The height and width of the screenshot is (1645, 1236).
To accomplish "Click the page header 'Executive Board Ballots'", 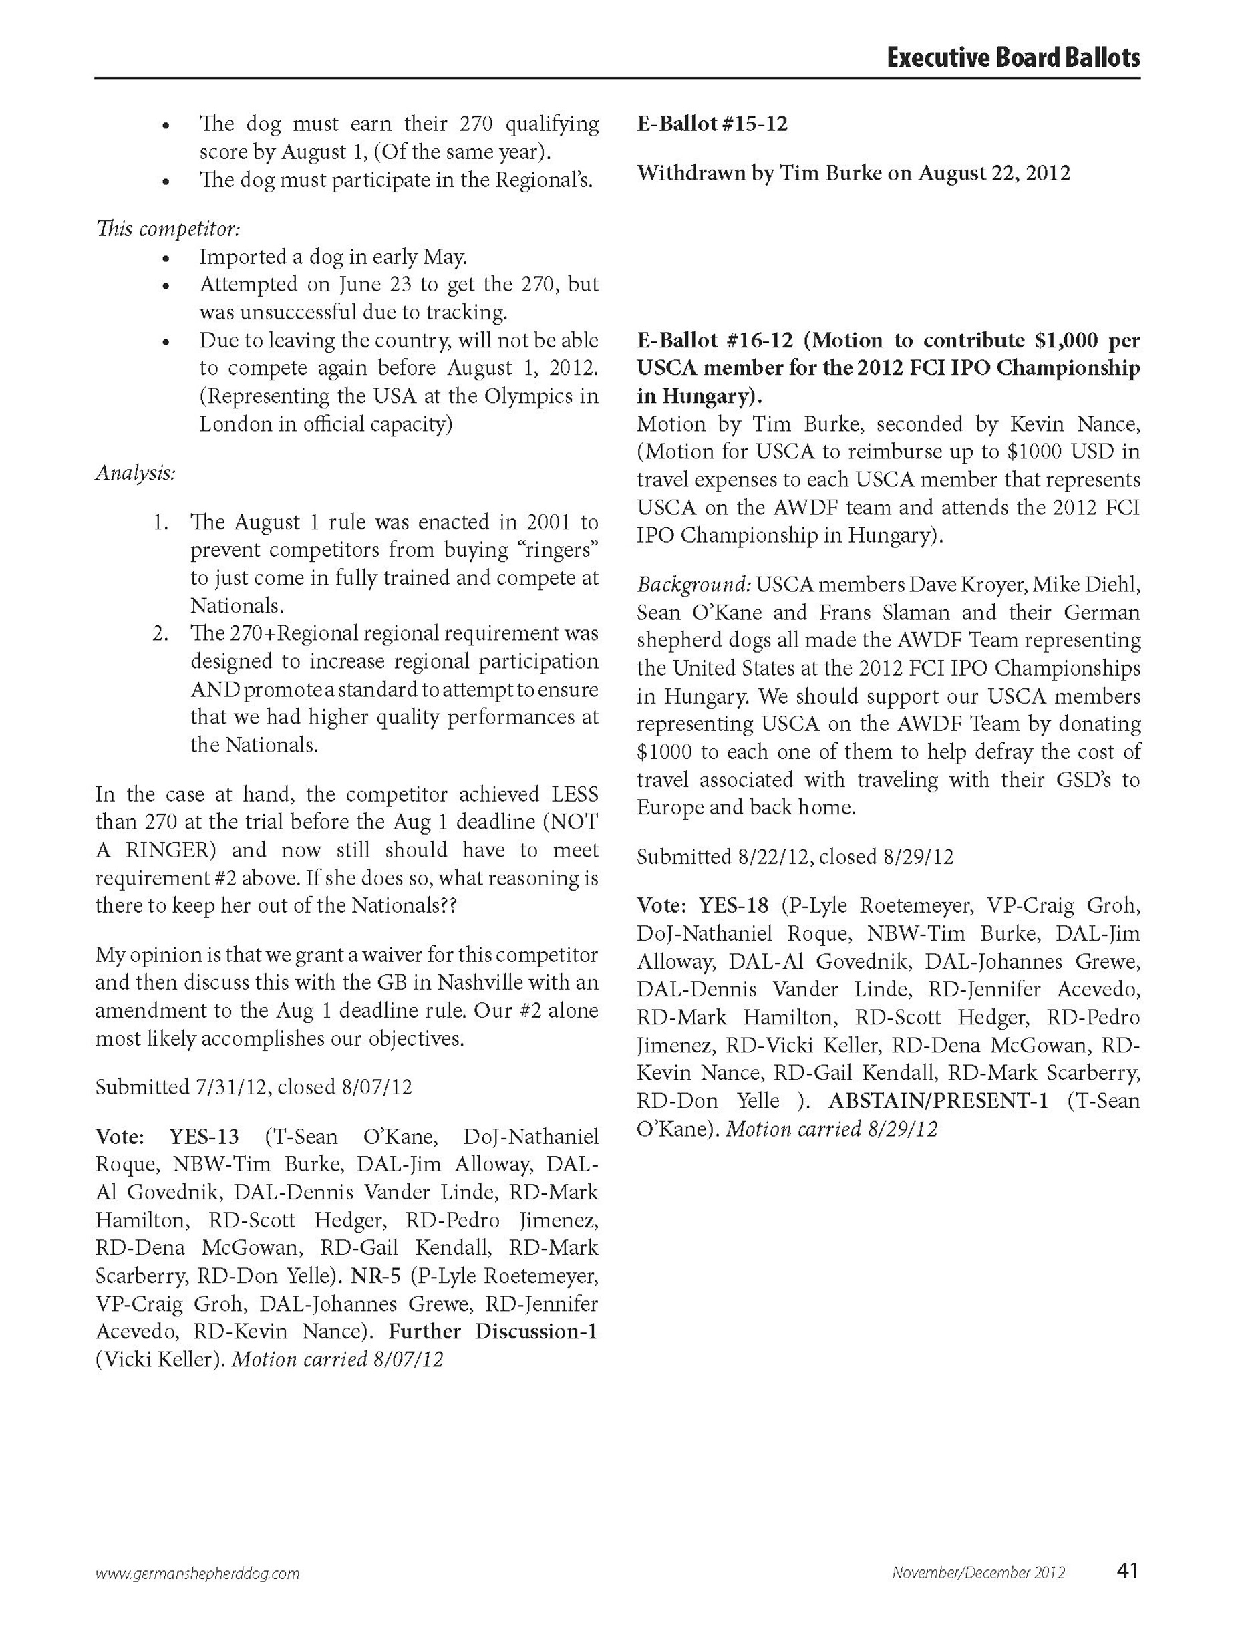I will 1013,57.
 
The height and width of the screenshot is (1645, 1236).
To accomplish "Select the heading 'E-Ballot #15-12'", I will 712,124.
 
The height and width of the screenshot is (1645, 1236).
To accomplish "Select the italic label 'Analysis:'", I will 136,473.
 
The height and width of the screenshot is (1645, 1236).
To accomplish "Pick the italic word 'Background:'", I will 693,585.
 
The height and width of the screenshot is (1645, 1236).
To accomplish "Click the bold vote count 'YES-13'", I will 204,1137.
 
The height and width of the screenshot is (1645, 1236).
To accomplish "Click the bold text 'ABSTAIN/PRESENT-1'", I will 939,1100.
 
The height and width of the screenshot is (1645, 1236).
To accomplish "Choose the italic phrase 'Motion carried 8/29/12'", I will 831,1129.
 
